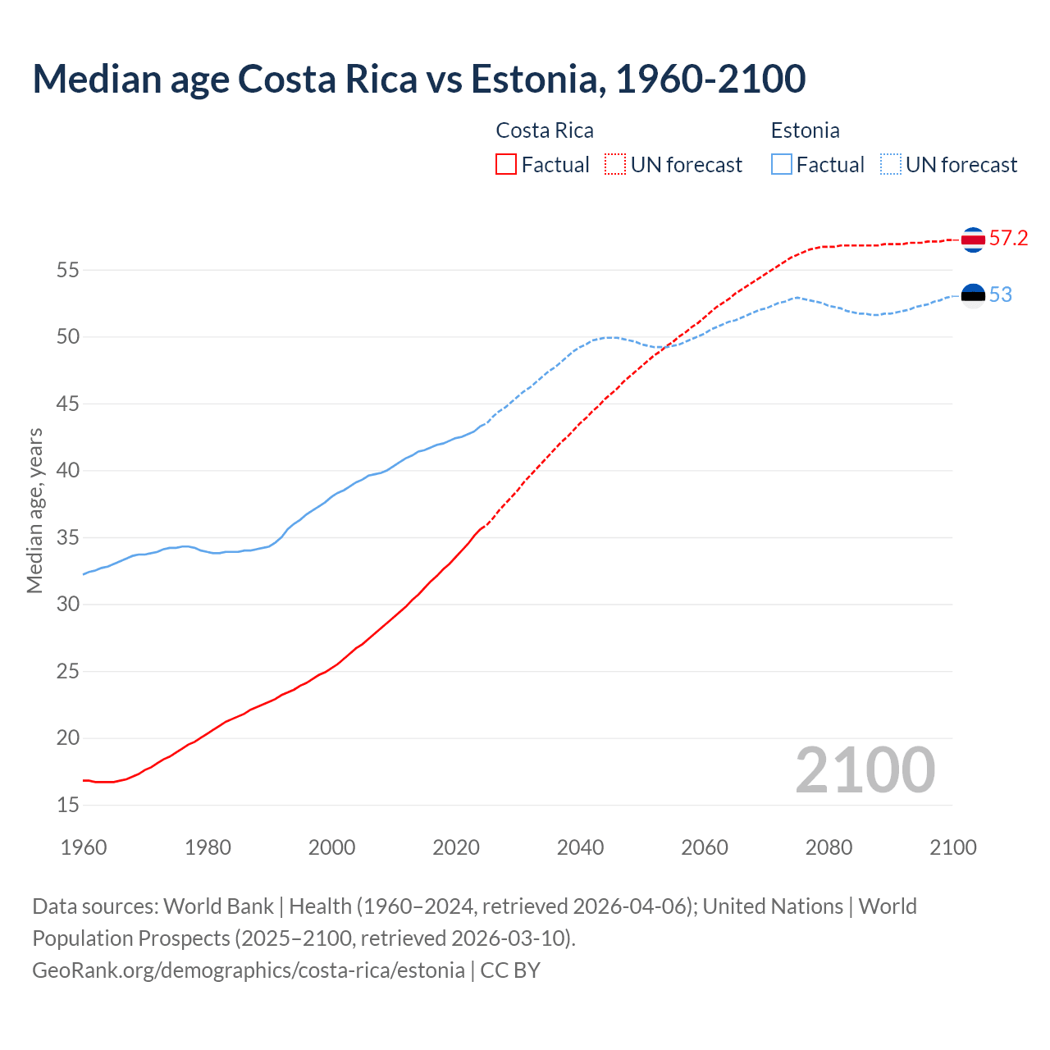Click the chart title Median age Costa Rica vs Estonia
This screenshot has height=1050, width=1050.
click(418, 79)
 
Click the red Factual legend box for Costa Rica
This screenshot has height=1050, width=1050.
click(506, 165)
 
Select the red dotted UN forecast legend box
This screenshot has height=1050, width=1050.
click(615, 165)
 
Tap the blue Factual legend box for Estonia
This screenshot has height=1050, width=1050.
click(782, 165)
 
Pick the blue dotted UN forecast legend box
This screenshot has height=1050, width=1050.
click(890, 165)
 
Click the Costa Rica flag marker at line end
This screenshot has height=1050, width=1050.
click(973, 240)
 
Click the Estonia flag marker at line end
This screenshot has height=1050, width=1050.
click(973, 295)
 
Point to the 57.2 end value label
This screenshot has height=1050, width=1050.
click(1008, 239)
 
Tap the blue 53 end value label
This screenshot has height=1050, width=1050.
click(1001, 295)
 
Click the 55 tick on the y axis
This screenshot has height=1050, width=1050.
click(68, 270)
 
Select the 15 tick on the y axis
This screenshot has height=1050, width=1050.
click(68, 806)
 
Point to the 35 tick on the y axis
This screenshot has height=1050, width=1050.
click(68, 538)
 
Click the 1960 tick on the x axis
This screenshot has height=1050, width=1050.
click(84, 847)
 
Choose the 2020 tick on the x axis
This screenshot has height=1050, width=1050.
click(456, 847)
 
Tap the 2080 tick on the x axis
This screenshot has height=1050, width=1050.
click(829, 847)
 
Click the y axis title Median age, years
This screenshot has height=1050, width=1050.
click(34, 510)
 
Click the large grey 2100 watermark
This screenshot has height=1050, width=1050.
click(865, 769)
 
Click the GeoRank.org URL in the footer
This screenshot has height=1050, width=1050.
click(249, 970)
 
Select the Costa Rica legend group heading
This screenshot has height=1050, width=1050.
click(545, 130)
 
